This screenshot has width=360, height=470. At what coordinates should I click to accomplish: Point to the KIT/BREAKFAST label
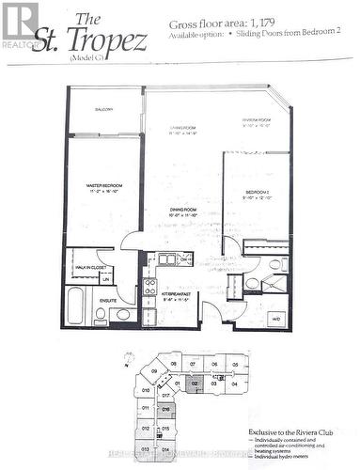tap(177, 296)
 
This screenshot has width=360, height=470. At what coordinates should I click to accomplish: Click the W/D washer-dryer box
tap(274, 318)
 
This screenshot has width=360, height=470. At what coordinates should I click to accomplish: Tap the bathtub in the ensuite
tap(74, 305)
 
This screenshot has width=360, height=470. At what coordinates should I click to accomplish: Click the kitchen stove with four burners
tap(149, 286)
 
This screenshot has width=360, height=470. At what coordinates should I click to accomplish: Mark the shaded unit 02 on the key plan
tap(195, 384)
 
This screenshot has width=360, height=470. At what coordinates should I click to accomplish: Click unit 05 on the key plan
tap(235, 364)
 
